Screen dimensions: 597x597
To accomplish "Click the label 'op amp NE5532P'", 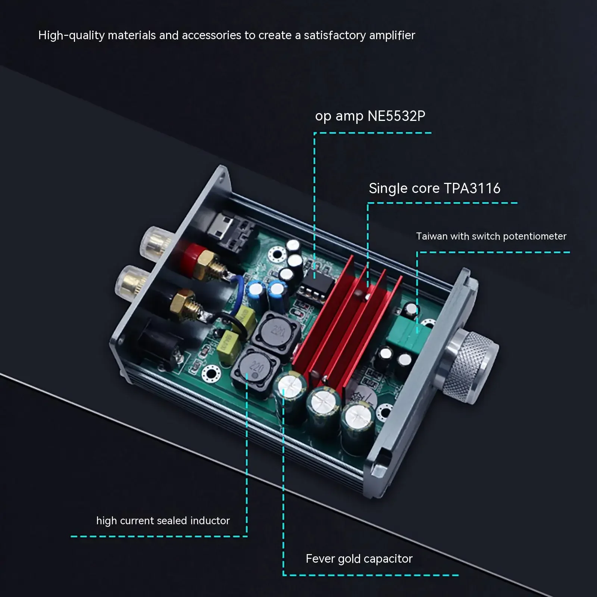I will (x=370, y=116).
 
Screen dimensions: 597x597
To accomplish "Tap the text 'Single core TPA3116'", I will (x=434, y=188).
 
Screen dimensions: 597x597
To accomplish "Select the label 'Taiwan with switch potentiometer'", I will (x=491, y=236).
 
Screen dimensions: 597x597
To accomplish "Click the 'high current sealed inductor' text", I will (x=163, y=521).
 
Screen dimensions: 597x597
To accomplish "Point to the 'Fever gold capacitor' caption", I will (x=359, y=559).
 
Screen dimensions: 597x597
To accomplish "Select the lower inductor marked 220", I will (x=256, y=368).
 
